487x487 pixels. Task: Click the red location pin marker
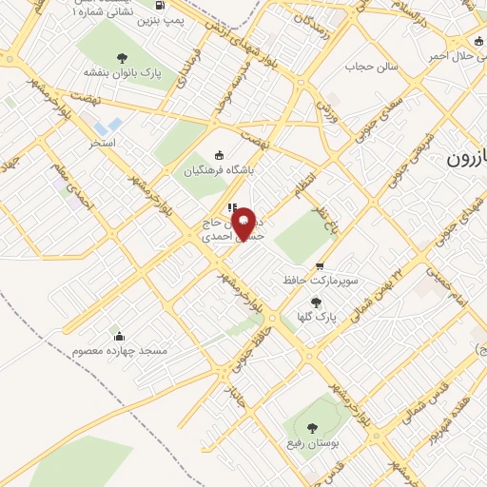pyautogui.click(x=244, y=223)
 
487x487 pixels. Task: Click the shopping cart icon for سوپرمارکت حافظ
pyautogui.click(x=320, y=267)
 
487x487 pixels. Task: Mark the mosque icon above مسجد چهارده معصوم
pyautogui.click(x=119, y=336)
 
